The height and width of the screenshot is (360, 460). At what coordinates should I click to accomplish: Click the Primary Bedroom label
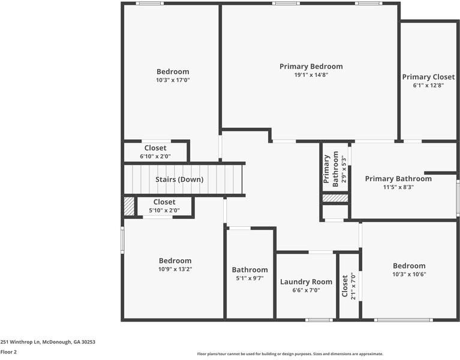(311, 66)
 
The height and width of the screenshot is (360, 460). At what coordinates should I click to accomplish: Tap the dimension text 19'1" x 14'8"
(311, 75)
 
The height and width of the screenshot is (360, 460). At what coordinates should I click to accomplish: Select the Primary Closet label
(428, 77)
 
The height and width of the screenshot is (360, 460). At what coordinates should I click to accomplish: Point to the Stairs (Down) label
(179, 179)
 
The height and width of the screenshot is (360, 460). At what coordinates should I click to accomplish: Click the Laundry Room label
(306, 281)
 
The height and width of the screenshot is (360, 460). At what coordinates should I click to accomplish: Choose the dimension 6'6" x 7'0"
(306, 290)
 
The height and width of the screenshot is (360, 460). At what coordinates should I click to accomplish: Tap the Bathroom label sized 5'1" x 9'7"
(250, 270)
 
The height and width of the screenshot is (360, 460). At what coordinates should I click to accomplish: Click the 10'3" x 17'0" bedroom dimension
(173, 80)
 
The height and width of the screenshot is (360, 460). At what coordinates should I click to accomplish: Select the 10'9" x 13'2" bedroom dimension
(175, 269)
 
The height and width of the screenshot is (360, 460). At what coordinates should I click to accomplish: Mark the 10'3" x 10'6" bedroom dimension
(409, 274)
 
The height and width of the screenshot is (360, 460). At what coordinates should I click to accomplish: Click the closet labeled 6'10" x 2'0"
(155, 148)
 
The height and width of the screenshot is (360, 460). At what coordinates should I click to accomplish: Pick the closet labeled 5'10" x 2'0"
(164, 202)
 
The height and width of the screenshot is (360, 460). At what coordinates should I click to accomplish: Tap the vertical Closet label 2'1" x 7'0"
(345, 287)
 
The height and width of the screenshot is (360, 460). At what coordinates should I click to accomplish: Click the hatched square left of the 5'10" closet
(129, 206)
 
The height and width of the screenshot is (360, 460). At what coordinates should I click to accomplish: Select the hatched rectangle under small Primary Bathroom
(335, 198)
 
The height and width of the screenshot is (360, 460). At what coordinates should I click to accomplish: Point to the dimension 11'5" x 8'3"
(398, 187)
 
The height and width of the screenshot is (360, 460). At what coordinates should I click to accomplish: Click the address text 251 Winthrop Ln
(48, 342)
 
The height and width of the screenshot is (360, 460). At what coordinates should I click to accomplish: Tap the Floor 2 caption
(8, 352)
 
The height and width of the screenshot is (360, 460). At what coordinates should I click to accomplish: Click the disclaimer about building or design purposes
(290, 354)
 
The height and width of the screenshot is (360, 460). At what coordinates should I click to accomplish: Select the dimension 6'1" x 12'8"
(428, 86)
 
